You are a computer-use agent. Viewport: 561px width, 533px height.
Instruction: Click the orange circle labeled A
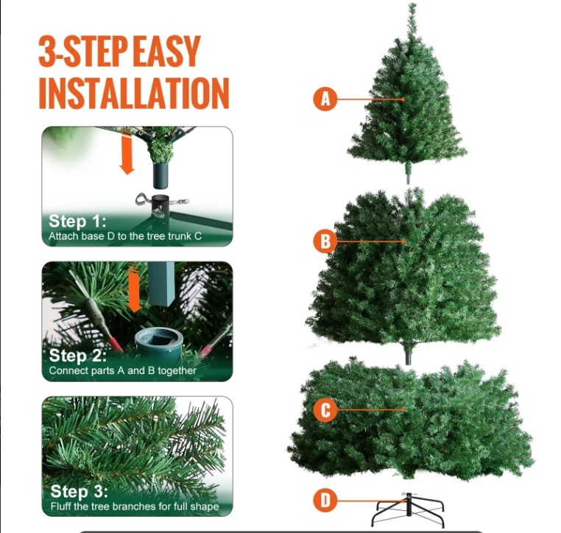tap(325, 99)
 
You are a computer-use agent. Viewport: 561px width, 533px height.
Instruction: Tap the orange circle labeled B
tap(325, 241)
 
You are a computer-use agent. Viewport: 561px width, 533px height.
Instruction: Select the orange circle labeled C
tap(325, 409)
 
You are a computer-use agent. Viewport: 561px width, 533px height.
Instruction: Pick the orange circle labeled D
tap(325, 500)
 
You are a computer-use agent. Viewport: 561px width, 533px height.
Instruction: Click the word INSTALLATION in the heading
tap(134, 93)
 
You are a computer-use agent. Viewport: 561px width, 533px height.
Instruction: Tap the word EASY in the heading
tap(168, 51)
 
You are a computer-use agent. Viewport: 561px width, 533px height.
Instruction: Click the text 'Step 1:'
tap(77, 221)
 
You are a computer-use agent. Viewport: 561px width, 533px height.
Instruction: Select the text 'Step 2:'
tap(77, 356)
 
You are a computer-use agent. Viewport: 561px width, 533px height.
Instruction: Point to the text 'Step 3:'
tap(79, 491)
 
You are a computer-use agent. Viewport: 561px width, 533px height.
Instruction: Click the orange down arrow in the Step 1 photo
tap(127, 154)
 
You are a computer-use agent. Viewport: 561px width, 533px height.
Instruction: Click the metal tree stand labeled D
tap(409, 509)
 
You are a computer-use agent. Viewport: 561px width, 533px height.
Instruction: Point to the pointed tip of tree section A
tap(412, 4)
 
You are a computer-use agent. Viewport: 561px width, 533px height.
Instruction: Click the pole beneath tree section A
tap(408, 174)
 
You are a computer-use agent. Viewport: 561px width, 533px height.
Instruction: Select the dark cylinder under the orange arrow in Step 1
tap(160, 176)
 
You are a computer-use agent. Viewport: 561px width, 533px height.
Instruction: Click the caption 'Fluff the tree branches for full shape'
tap(135, 506)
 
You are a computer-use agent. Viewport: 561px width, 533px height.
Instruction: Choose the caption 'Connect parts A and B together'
tap(123, 370)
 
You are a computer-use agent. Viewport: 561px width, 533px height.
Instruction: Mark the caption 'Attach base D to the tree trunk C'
tap(125, 236)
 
